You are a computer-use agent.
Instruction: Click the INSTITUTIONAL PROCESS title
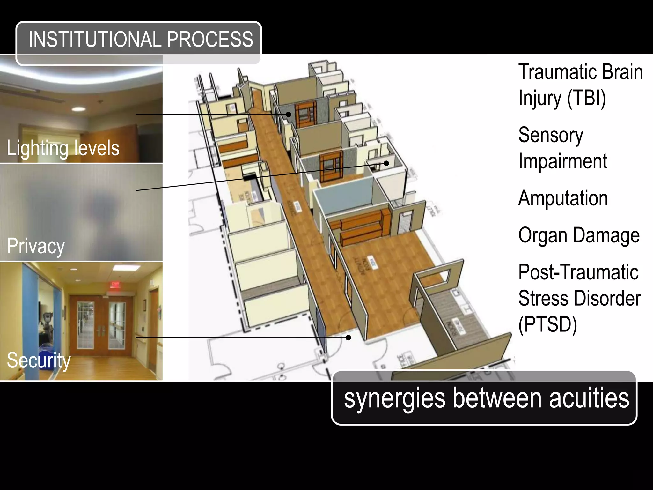pyautogui.click(x=140, y=40)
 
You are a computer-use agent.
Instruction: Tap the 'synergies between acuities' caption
pyautogui.click(x=486, y=398)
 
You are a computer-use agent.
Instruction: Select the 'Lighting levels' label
pyautogui.click(x=63, y=148)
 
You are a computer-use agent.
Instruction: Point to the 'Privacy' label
pyautogui.click(x=36, y=246)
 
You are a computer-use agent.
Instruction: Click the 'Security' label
pyautogui.click(x=39, y=360)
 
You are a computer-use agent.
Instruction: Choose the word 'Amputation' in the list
pyautogui.click(x=563, y=198)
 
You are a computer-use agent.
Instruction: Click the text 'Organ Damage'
pyautogui.click(x=579, y=235)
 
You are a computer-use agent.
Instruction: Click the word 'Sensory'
pyautogui.click(x=551, y=135)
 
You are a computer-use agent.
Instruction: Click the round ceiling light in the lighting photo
pyautogui.click(x=78, y=109)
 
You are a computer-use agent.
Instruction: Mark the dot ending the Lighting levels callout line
pyautogui.click(x=288, y=114)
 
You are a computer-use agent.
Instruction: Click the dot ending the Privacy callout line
pyautogui.click(x=386, y=163)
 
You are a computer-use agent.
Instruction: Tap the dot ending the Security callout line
pyautogui.click(x=349, y=338)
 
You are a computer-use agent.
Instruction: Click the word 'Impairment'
pyautogui.click(x=563, y=161)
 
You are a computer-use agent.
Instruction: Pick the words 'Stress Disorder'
pyautogui.click(x=579, y=299)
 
